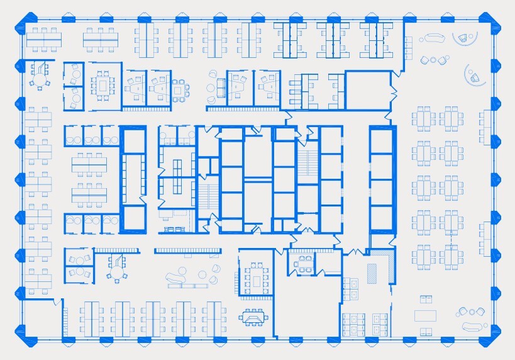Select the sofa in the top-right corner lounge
tap(433, 38)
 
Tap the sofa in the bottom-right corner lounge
tap(475, 327)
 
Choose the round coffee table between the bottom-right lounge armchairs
tap(472, 312)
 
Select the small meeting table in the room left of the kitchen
tap(305, 264)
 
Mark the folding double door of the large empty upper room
tap(394, 94)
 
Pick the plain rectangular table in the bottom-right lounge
tap(425, 314)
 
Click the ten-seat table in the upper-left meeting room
tap(102, 85)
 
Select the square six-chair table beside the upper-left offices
tap(179, 90)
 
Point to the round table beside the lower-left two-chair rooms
tap(116, 267)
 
